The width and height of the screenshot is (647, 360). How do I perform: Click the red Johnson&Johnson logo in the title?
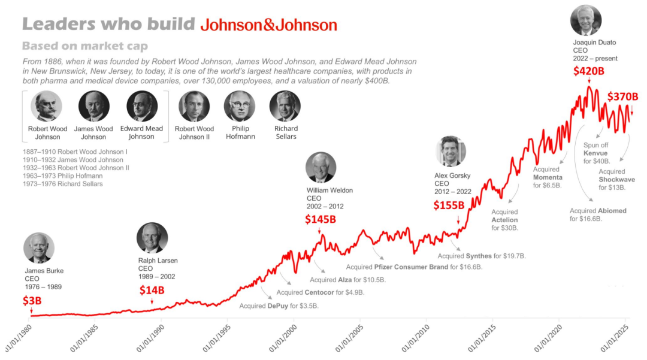268,25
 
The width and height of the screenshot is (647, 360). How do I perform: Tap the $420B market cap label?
588,71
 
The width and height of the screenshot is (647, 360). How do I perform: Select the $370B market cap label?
622,96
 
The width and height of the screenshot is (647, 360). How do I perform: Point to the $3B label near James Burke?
32,301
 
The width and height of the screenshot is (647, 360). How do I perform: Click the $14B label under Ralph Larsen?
152,291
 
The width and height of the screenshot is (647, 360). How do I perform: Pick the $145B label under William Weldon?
320,219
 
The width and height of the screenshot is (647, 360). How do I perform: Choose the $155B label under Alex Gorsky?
449,205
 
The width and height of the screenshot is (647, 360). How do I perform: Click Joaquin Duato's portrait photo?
586,20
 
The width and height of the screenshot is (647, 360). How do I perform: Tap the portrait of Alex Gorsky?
451,152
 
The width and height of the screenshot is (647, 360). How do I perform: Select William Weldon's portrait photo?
321,168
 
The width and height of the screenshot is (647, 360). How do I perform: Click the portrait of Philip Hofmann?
240,106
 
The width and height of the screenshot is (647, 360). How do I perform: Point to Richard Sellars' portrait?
285,106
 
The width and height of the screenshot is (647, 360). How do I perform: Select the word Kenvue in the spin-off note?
595,153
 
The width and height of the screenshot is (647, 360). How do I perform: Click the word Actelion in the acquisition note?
504,220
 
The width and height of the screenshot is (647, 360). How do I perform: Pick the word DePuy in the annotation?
278,306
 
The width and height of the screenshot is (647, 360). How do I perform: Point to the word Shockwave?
617,179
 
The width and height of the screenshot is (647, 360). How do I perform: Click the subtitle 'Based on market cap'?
85,46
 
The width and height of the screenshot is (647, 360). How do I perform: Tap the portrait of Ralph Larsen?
152,238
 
